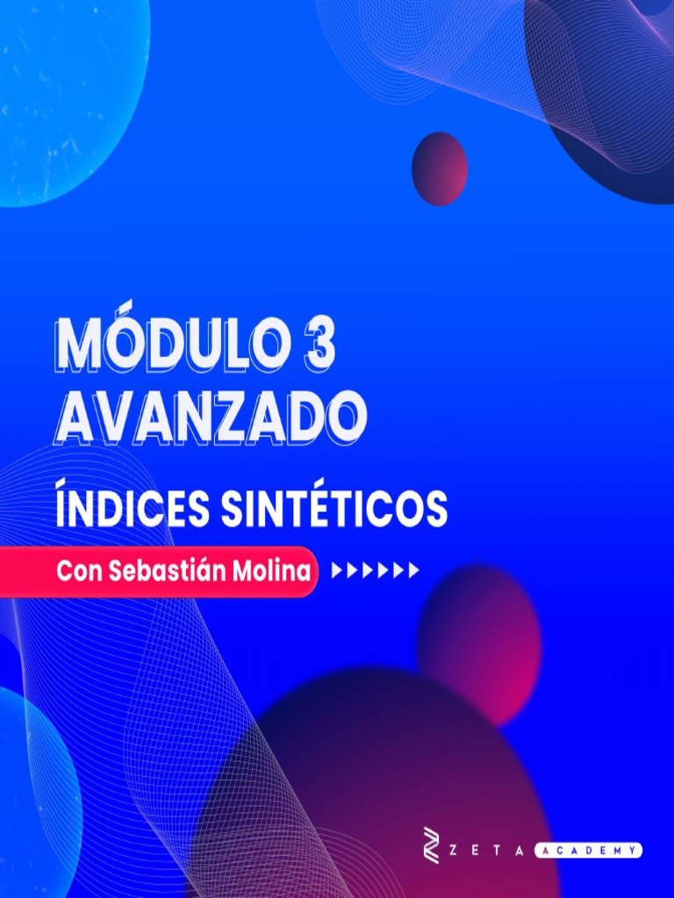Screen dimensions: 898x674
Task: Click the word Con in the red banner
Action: tap(80, 572)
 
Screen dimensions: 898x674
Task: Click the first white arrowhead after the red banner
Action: tap(337, 572)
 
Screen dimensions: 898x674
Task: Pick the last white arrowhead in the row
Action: tap(414, 572)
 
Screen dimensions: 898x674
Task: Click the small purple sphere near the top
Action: tap(439, 168)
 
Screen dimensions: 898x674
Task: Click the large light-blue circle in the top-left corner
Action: tap(61, 96)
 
